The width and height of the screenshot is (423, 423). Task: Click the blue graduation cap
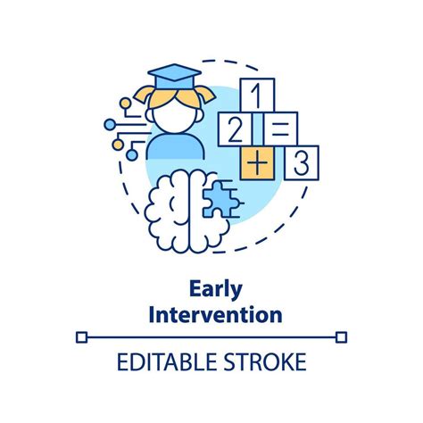[x=174, y=76]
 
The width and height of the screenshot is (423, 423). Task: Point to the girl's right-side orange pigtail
[x=205, y=94]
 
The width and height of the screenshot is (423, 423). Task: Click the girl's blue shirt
[x=176, y=146]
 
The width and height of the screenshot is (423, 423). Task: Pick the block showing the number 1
[x=257, y=95]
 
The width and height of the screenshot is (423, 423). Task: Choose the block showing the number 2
[x=236, y=129]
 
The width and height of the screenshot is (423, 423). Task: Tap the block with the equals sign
[x=280, y=129]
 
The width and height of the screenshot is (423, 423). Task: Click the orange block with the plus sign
[x=257, y=163]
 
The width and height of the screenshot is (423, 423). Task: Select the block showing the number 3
[x=302, y=162]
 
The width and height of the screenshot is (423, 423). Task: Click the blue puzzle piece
[x=221, y=199]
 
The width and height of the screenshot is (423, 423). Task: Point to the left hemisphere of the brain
[x=168, y=211]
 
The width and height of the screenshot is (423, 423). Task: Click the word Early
[x=216, y=289]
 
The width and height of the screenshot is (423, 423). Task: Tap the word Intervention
[x=215, y=315]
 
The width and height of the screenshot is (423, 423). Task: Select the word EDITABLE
[x=166, y=361]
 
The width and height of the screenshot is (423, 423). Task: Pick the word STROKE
[x=265, y=361]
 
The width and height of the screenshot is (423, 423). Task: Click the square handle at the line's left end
[x=81, y=337]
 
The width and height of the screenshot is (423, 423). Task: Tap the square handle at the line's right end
[x=341, y=337]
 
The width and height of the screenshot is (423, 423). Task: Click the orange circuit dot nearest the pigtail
[x=125, y=103]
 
